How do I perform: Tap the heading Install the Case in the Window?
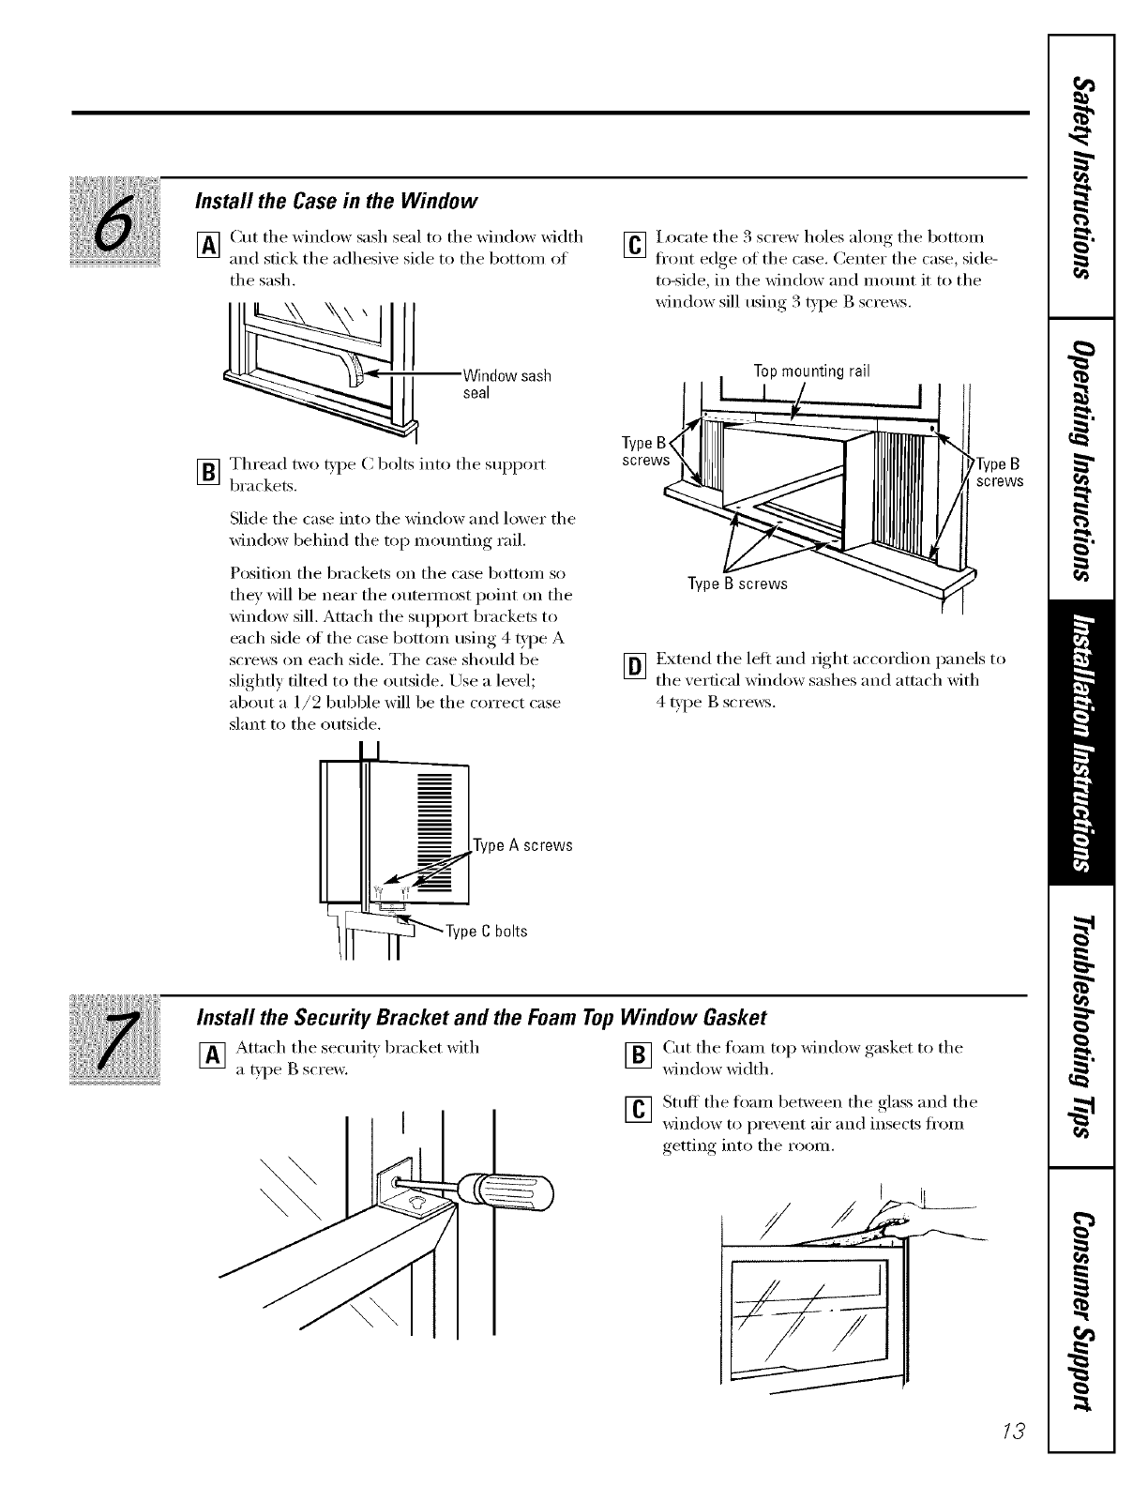click(337, 201)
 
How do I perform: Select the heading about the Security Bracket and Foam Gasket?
click(481, 1018)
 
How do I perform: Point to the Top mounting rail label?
click(812, 371)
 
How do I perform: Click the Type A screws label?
click(523, 845)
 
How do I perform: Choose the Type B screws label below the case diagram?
click(738, 584)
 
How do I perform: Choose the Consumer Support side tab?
click(1082, 1311)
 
